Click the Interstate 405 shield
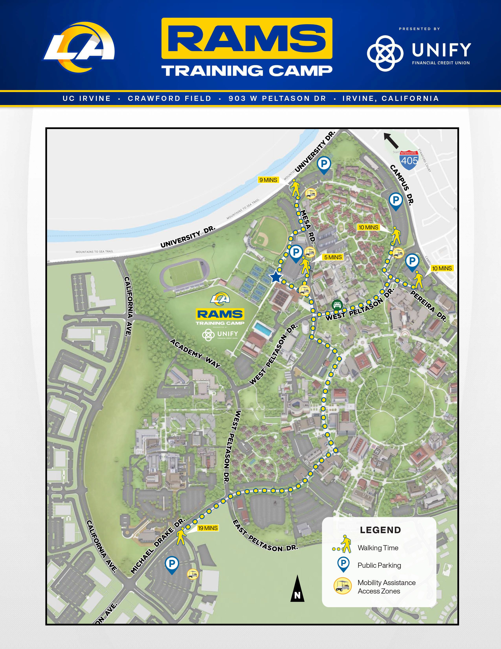pos(409,160)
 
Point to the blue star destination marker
pos(276,277)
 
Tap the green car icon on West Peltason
pos(337,305)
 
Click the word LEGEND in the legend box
pos(380,530)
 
